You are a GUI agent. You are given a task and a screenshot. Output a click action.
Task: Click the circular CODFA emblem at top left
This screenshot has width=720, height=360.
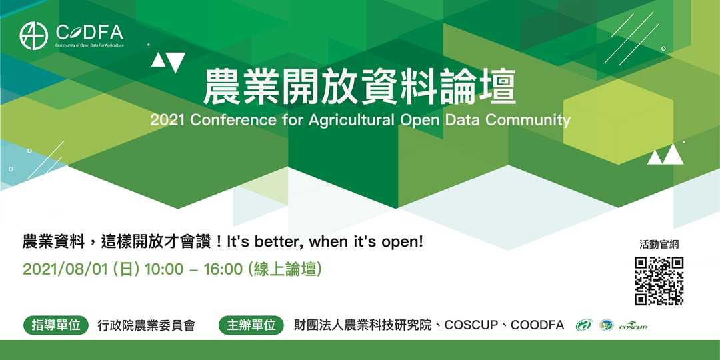tap(34, 36)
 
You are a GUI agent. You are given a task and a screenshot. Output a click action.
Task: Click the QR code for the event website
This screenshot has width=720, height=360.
tap(659, 281)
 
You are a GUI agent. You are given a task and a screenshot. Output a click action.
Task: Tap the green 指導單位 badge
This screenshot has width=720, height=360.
tap(56, 325)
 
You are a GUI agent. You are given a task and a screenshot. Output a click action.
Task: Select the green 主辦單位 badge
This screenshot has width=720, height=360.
tap(251, 325)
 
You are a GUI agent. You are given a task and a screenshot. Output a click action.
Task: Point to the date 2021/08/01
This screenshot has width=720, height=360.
tap(66, 269)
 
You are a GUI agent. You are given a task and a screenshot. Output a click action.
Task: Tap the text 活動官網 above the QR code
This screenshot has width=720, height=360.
tap(659, 244)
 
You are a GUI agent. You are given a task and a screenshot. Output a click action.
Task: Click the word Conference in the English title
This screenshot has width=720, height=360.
tap(233, 120)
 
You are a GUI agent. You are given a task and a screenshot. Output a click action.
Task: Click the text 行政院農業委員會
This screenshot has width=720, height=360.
tap(147, 325)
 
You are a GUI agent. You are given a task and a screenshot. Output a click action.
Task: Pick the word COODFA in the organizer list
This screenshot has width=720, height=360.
tap(537, 325)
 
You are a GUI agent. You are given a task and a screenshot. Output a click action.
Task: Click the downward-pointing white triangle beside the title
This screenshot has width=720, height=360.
tap(176, 61)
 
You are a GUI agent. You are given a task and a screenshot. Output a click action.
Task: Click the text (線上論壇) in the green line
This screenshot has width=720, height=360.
tap(285, 269)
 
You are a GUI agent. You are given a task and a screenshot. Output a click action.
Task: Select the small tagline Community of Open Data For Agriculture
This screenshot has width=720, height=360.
tap(89, 45)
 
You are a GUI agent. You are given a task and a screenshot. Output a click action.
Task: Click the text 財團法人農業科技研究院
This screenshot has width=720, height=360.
tap(363, 325)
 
